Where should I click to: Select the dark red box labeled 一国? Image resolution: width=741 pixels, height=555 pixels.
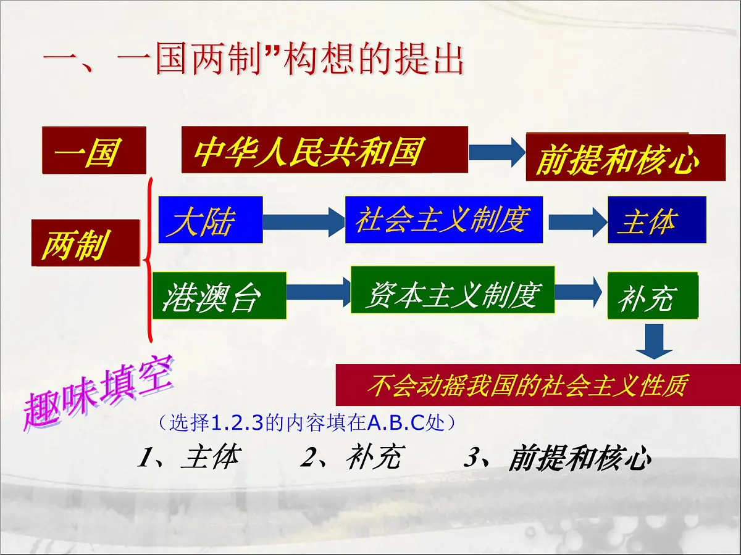coord(94,150)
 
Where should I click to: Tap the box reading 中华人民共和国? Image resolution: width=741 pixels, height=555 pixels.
coord(324,150)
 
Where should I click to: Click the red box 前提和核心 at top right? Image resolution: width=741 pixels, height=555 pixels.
coord(625,157)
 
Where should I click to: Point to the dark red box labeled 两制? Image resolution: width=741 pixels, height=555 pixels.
coord(85,243)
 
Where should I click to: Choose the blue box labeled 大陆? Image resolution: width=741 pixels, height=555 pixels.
coord(211,220)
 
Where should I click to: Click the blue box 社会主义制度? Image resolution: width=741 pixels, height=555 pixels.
coord(443,220)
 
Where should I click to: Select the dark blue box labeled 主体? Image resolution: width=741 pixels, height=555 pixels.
coord(656,220)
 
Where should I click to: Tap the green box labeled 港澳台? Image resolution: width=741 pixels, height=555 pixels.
coord(219,295)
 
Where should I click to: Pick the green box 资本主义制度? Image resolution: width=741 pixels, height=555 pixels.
coord(452,290)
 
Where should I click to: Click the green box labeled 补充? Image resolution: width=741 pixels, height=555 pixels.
coord(652,295)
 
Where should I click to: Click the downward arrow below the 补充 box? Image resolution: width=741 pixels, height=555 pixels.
coord(655,340)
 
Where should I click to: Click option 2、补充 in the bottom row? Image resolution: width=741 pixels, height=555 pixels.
coord(351,457)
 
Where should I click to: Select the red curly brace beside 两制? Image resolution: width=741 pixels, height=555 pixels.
coord(149,259)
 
